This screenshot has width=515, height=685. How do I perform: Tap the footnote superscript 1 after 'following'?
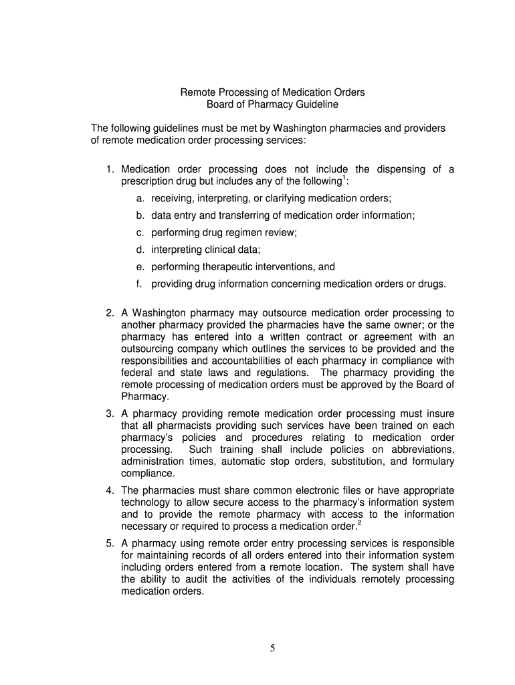pos(344,178)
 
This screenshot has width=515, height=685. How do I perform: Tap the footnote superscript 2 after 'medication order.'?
pos(360,522)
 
